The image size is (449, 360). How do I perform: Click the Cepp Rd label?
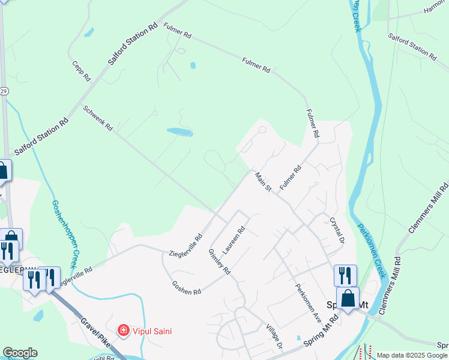tap(81, 71)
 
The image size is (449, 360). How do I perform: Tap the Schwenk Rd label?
tap(98, 118)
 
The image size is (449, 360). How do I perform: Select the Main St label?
tap(264, 182)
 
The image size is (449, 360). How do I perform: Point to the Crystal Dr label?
tap(337, 230)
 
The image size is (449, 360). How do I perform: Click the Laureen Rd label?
tap(235, 239)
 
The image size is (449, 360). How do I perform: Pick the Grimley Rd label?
tap(219, 262)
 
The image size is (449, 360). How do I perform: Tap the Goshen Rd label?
tap(186, 288)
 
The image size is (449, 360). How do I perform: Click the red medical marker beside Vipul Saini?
tap(123, 330)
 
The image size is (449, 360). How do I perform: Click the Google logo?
tap(20, 353)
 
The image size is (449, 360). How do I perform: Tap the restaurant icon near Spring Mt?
tap(345, 276)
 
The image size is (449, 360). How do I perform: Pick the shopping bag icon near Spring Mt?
tap(348, 298)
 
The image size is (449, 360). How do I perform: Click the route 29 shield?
tap(4, 91)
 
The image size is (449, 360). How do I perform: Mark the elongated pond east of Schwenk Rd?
tap(179, 131)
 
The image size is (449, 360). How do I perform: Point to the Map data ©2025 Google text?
tap(412, 355)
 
